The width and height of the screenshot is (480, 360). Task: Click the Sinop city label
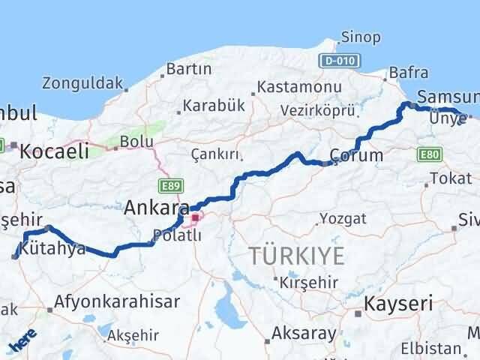(x=360, y=37)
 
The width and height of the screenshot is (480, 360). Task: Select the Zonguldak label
(x=82, y=82)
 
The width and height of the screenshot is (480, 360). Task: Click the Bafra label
(x=409, y=73)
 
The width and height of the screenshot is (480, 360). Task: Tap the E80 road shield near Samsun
(x=430, y=154)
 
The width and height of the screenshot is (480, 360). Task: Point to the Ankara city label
(x=156, y=205)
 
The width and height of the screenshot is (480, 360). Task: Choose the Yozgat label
(x=342, y=218)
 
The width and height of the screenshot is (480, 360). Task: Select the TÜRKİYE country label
(x=297, y=256)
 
